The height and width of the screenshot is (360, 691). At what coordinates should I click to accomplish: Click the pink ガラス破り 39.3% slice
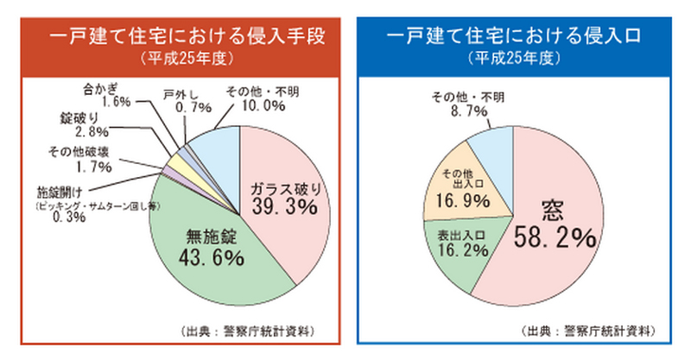tap(285, 199)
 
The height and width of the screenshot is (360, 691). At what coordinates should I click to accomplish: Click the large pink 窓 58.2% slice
tap(553, 224)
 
